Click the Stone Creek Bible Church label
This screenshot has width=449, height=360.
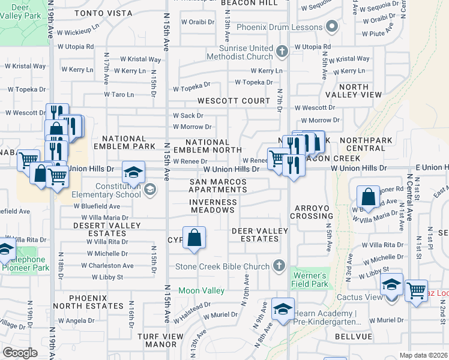(220, 266)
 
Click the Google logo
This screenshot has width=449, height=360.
(20, 353)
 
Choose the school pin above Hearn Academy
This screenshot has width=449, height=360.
(283, 310)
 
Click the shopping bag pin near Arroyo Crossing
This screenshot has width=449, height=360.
(368, 196)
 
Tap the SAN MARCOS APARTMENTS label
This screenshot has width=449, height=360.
(218, 185)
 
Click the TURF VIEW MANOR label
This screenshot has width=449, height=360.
(160, 340)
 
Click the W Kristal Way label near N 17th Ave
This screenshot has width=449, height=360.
(140, 59)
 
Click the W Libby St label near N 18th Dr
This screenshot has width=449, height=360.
(107, 277)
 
